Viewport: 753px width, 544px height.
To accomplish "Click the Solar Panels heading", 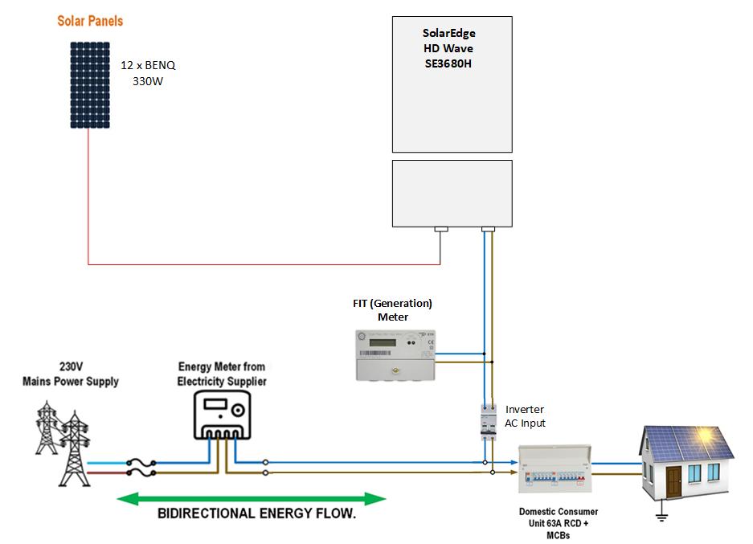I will pos(90,20).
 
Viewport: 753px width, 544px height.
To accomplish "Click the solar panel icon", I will pos(89,85).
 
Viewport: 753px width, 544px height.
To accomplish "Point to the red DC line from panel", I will pos(265,264).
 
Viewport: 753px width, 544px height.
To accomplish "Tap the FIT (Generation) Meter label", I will pos(393,310).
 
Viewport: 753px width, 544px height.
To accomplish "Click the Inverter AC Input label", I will pos(526,416).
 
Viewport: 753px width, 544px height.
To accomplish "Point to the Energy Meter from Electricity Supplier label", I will pos(222,374).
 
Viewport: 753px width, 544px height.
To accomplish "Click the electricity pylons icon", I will pos(62,446).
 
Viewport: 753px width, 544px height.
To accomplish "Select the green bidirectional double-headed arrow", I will pos(252,499).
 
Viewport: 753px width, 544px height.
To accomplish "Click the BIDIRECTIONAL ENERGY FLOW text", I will pos(256,514).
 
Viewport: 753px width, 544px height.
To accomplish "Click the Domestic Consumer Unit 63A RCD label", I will pos(559,523).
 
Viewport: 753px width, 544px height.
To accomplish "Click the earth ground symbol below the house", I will pos(661,517).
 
